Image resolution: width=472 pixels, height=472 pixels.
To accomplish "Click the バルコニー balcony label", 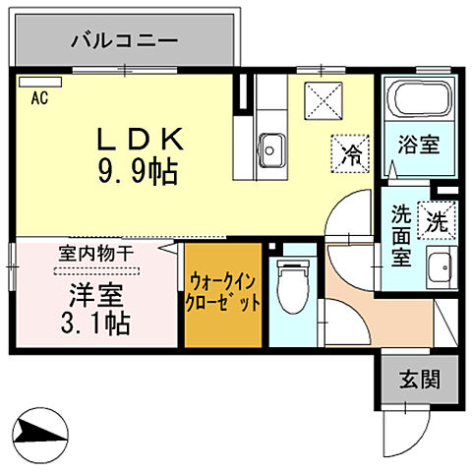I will click(124, 41).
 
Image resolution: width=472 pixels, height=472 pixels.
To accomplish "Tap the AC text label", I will click(39, 97).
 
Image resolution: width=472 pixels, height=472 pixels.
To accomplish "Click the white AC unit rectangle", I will click(31, 83).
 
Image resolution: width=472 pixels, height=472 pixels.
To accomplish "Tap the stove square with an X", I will click(321, 99).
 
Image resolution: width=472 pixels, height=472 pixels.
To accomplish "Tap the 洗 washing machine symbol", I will click(434, 219).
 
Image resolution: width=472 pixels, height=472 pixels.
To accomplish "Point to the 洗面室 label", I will click(400, 236).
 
